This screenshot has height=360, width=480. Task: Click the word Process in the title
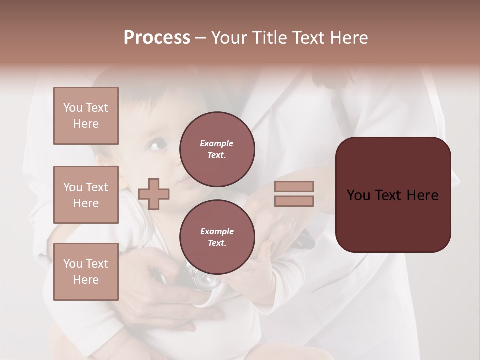point(157,38)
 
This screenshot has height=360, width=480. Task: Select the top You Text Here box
point(86,116)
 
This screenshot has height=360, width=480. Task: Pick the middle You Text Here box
point(86,195)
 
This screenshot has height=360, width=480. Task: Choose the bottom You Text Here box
point(86,272)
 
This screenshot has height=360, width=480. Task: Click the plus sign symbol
point(154,194)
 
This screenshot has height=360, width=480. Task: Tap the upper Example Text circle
point(217,149)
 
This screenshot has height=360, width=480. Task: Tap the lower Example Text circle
point(217,237)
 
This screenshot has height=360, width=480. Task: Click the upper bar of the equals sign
point(294,187)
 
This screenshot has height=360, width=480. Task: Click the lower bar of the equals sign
point(294,201)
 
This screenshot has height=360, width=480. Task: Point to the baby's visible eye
point(156,145)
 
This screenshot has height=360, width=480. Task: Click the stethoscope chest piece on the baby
point(205,280)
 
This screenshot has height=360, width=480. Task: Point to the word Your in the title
point(230,38)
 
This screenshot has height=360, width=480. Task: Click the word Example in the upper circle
point(217,143)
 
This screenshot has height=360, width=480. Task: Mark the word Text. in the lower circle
point(217,243)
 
